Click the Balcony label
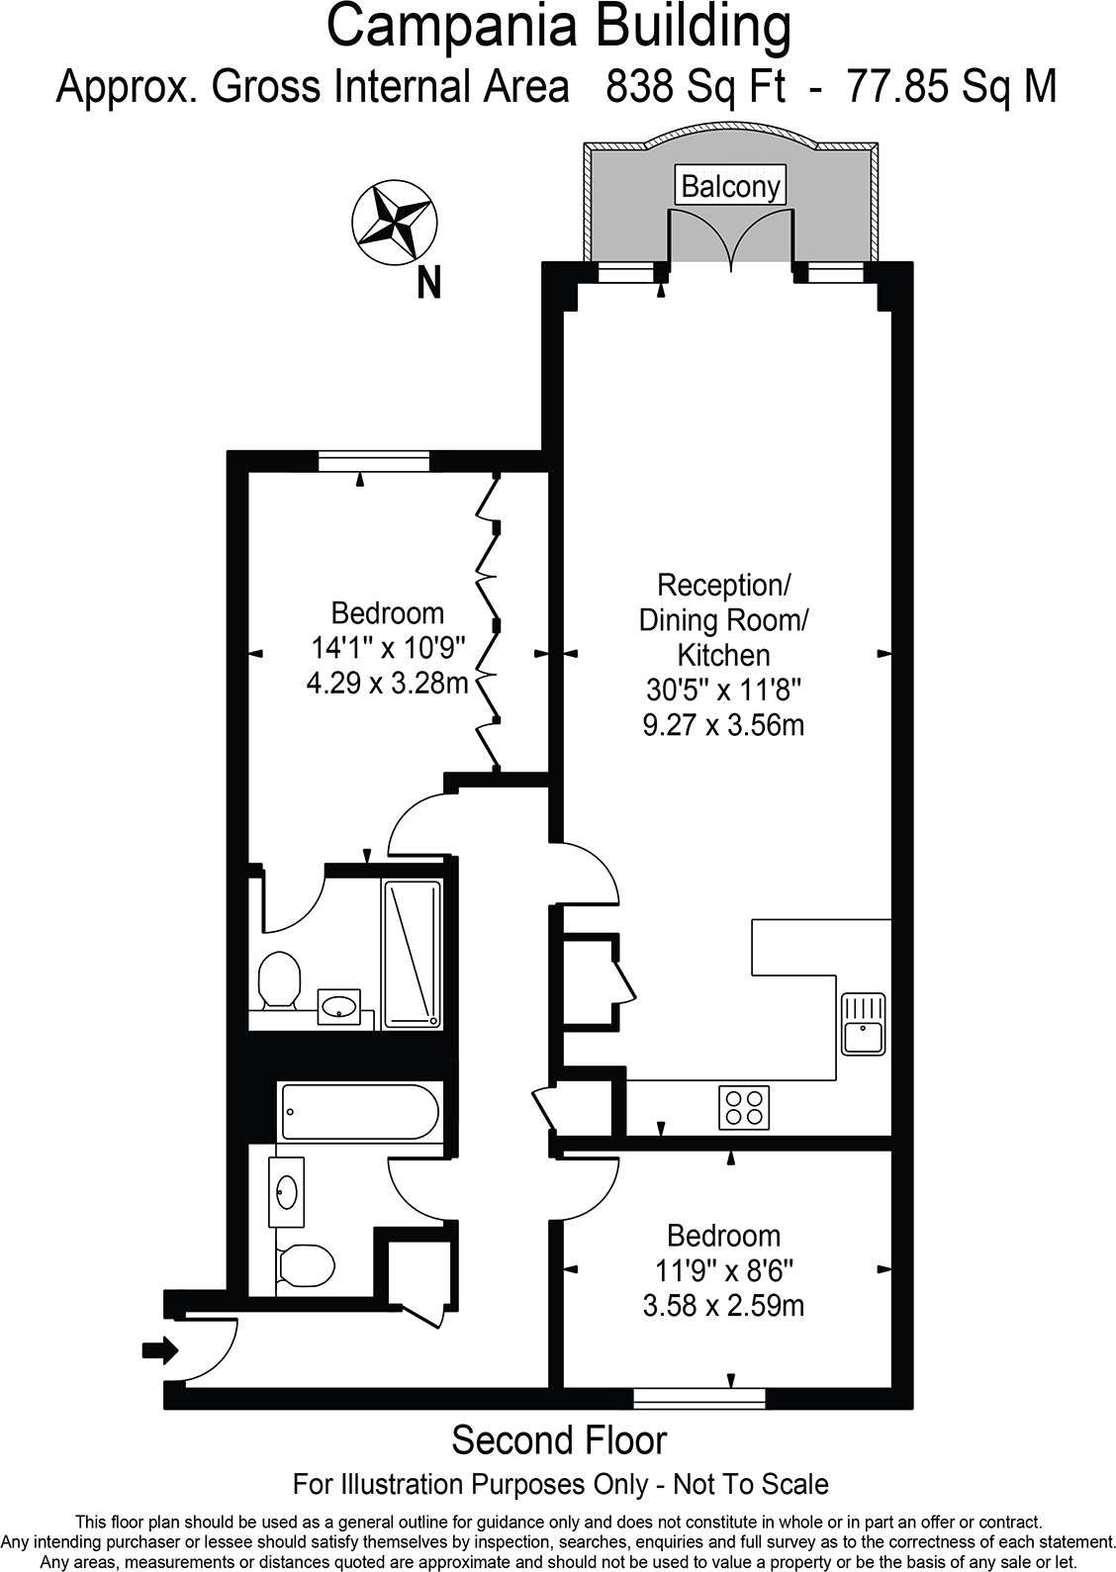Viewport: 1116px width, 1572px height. pos(730,186)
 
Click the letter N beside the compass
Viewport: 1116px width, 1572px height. pos(428,285)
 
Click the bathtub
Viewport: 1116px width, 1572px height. pos(360,1112)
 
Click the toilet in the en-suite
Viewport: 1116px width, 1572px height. pos(279,979)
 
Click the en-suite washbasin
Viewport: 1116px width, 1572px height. pos(338,1007)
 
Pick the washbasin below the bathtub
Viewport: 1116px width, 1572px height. pos(287,1191)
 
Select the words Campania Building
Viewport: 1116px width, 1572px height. pos(558,28)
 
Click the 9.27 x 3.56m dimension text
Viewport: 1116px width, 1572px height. pos(723,725)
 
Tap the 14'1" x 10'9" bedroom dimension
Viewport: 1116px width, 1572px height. pos(387,648)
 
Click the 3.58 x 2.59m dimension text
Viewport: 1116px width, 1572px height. pos(723,1305)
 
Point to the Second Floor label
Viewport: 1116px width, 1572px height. pos(559,1440)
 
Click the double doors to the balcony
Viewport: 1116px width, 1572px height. pos(731,237)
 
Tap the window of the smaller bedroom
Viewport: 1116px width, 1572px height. pos(699,1398)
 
